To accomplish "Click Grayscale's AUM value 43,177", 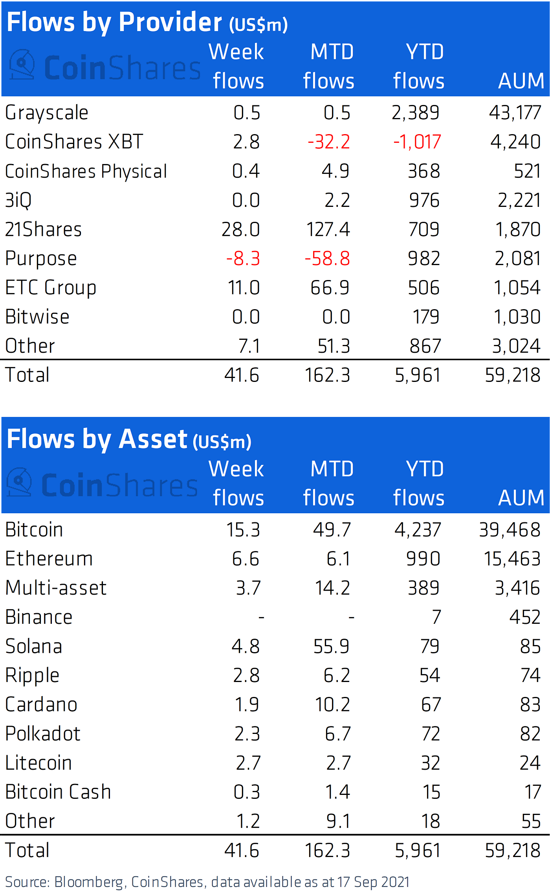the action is tap(515, 113).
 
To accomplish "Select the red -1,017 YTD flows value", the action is tap(417, 142).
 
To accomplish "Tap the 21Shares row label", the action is tap(43, 229).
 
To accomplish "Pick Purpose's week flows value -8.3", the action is tap(243, 259).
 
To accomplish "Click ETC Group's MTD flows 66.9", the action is tap(330, 288).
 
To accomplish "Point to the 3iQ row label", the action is tap(18, 201).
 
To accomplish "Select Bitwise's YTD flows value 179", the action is tap(425, 317).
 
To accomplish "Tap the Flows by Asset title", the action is tap(129, 439).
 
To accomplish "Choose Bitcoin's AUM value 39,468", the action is tap(510, 530).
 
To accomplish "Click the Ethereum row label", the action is tap(49, 559).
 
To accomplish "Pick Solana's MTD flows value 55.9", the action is tap(331, 646).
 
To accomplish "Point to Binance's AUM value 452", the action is tap(525, 617).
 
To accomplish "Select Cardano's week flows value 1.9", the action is tap(247, 704).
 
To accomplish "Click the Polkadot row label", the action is tap(43, 734).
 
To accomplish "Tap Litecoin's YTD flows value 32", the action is tap(431, 763).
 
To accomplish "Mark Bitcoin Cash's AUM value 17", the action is tap(533, 792).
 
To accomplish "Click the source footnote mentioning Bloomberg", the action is tap(207, 882).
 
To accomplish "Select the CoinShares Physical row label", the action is tap(86, 171).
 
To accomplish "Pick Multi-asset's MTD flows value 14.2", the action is tap(332, 588).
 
